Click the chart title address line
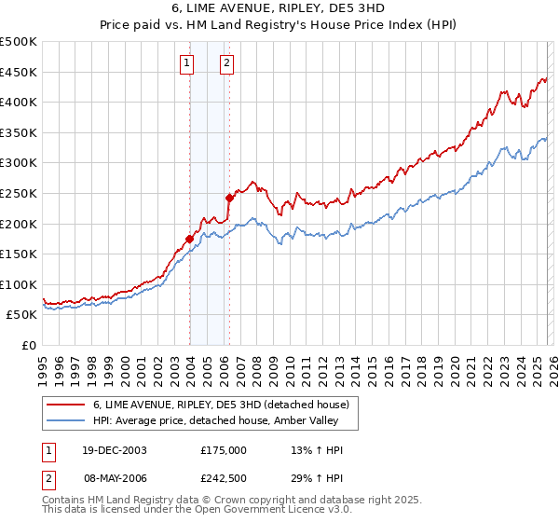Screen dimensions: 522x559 pyautogui.click(x=279, y=7)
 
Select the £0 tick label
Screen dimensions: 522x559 pyautogui.click(x=29, y=345)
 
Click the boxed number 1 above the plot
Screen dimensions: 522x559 pyautogui.click(x=188, y=63)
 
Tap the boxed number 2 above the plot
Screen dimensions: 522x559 pyautogui.click(x=226, y=63)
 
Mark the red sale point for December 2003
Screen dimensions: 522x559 pyautogui.click(x=189, y=239)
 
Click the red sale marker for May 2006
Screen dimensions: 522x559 pyautogui.click(x=229, y=198)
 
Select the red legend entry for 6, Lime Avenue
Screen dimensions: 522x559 pyautogui.click(x=220, y=405)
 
